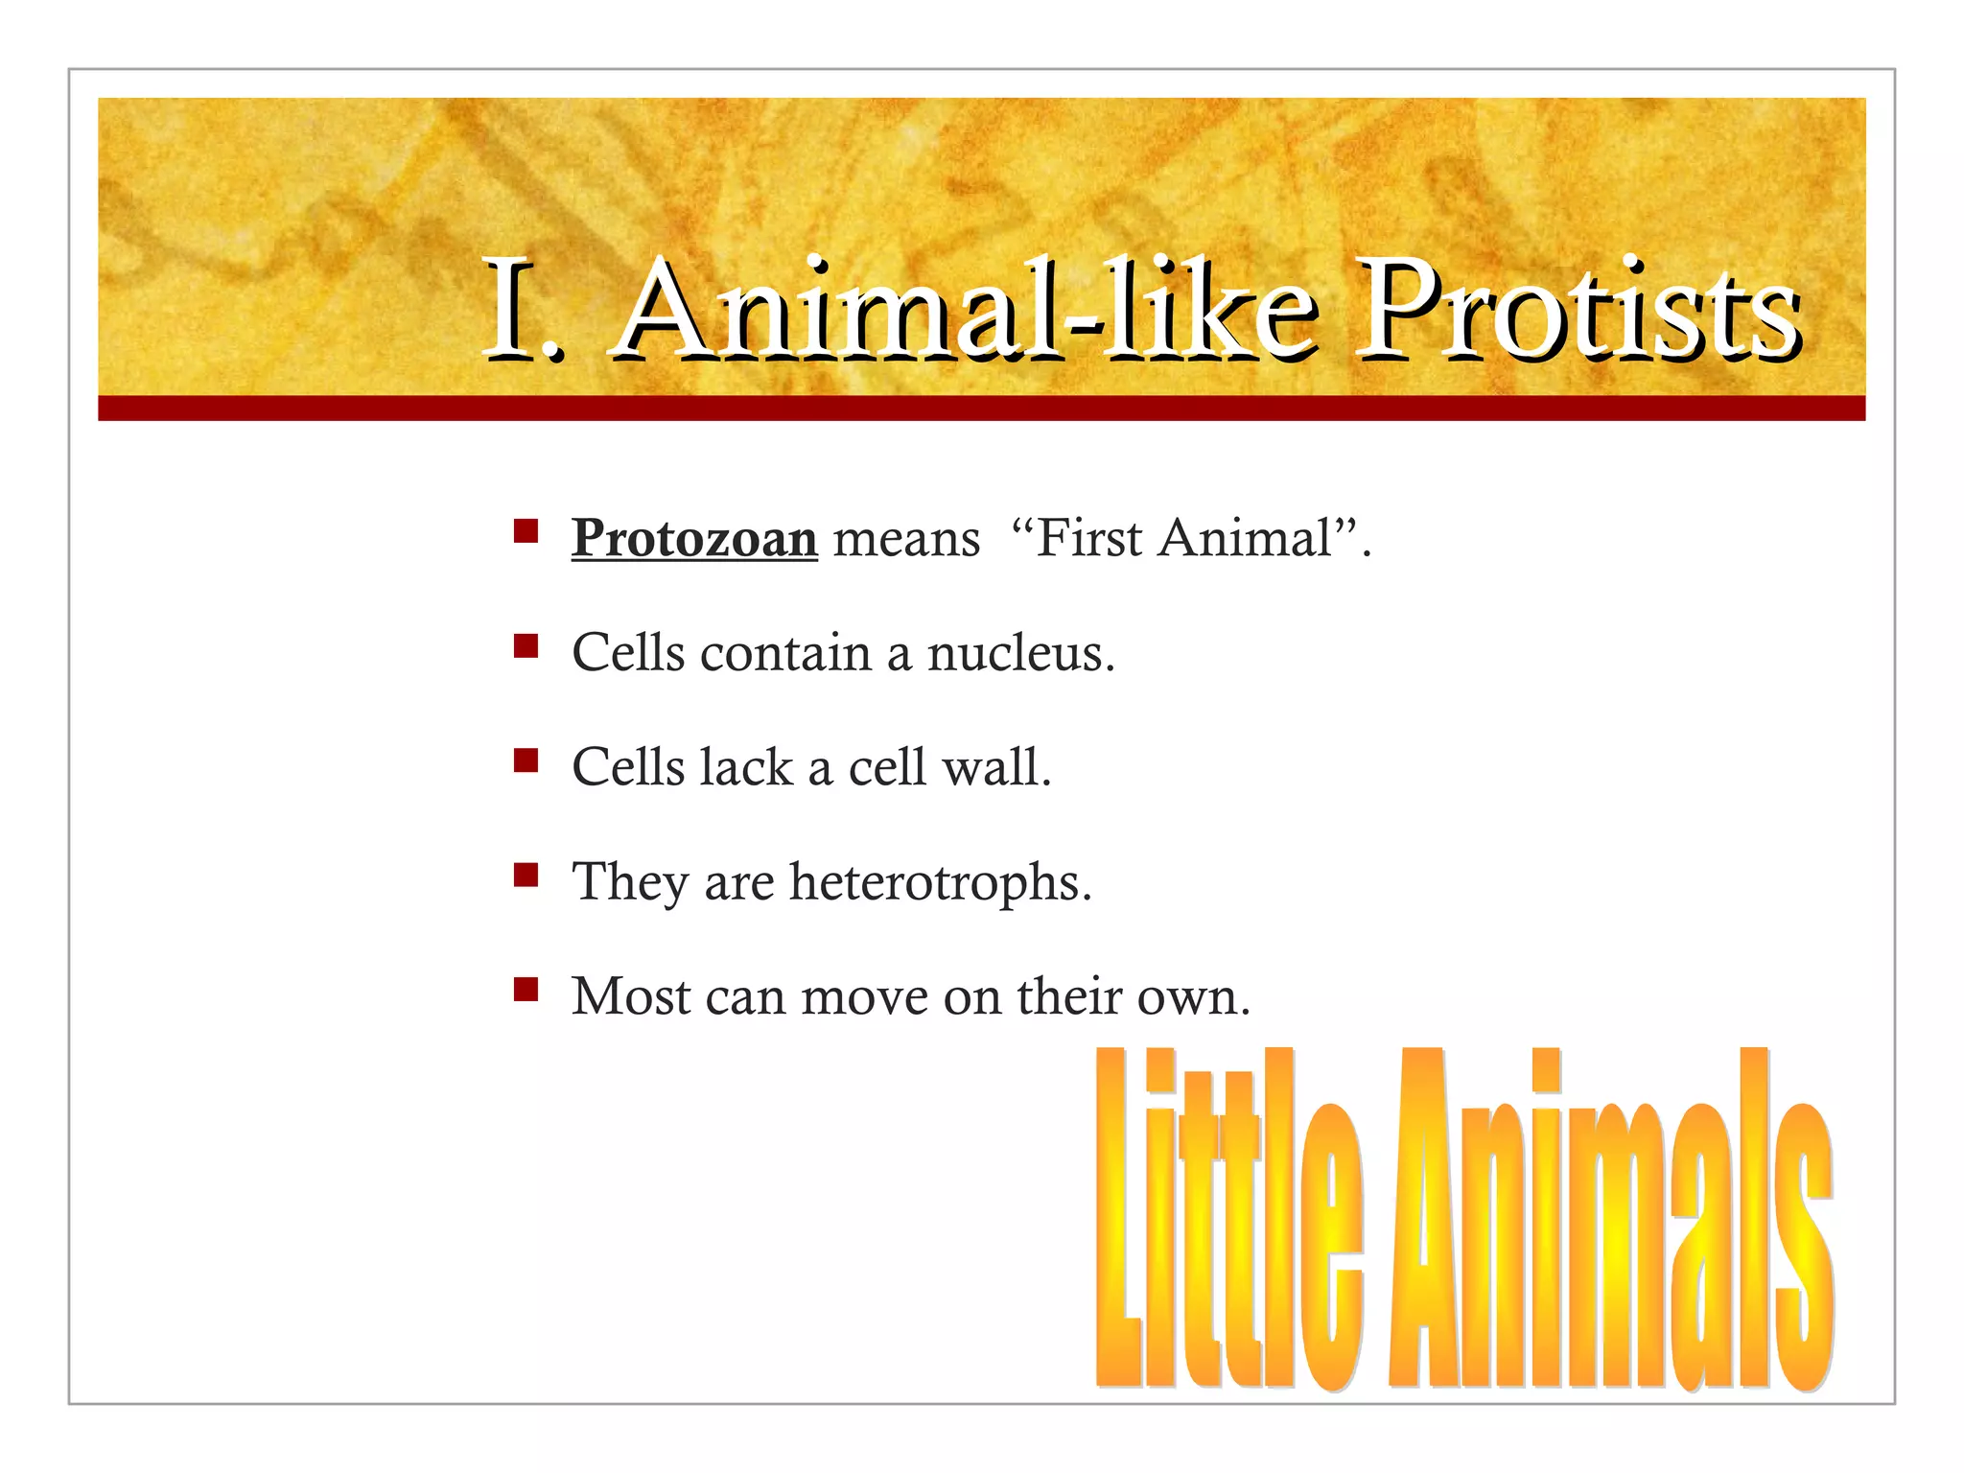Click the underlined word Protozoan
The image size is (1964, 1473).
pyautogui.click(x=694, y=538)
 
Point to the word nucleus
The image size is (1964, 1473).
pyautogui.click(x=1020, y=653)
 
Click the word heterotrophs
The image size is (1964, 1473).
pyautogui.click(x=940, y=882)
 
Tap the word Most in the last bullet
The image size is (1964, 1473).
pyautogui.click(x=630, y=996)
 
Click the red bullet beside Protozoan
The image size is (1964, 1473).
pyautogui.click(x=526, y=531)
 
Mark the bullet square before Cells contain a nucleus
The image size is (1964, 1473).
pyautogui.click(x=526, y=645)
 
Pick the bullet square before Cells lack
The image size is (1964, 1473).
pyautogui.click(x=526, y=760)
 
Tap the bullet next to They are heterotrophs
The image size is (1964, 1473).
pyautogui.click(x=526, y=875)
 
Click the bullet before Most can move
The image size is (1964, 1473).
pyautogui.click(x=526, y=989)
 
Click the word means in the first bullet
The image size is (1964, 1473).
pyautogui.click(x=906, y=538)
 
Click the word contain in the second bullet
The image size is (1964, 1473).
pyautogui.click(x=785, y=653)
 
